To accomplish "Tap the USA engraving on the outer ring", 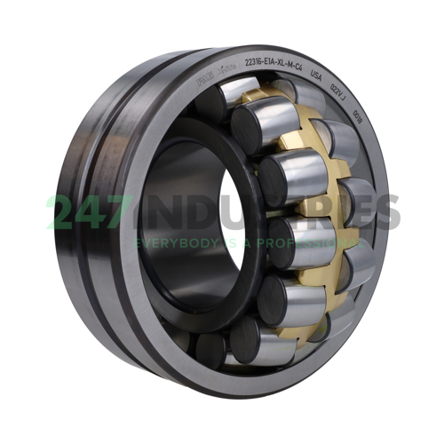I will coord(316,78).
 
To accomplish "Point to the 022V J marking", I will coord(338,91).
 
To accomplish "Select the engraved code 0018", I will coord(358,112).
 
